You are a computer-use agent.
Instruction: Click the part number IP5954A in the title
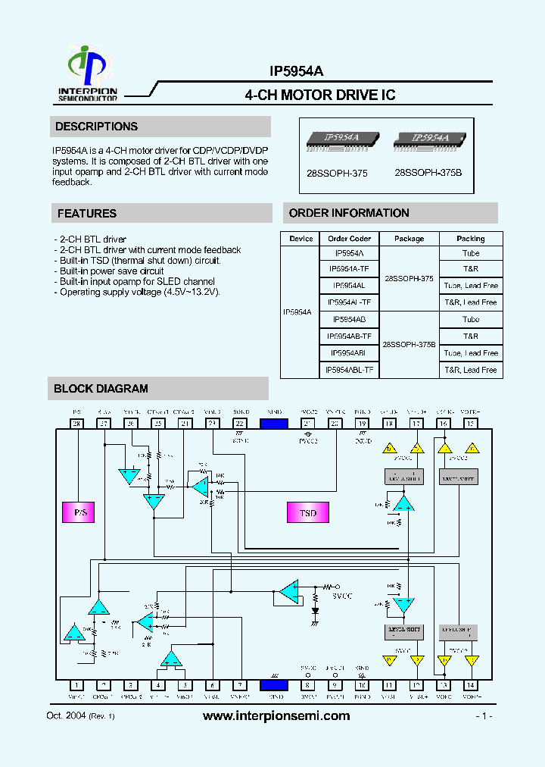coord(296,71)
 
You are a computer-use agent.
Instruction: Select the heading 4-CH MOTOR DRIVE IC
coord(320,95)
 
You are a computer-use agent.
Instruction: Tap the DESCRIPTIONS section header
coord(96,127)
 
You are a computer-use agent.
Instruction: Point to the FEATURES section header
coord(87,214)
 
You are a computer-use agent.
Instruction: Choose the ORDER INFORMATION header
coord(349,213)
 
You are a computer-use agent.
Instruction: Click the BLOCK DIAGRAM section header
coord(101,389)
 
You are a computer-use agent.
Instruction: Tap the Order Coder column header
coord(349,239)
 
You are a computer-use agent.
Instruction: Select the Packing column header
coord(470,239)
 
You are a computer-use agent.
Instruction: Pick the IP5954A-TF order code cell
coord(349,269)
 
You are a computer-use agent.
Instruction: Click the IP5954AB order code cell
coord(349,320)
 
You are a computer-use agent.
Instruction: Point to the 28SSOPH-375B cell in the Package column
coord(409,345)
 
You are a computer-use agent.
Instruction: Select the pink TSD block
coord(307,513)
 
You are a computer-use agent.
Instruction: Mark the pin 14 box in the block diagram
coord(470,684)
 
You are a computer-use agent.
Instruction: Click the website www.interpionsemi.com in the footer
coord(277,716)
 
